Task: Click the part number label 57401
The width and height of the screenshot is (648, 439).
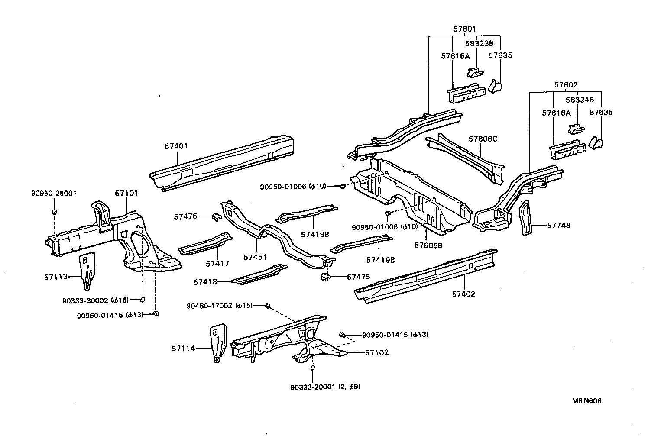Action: pos(176,146)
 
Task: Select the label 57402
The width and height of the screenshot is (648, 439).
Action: pos(463,294)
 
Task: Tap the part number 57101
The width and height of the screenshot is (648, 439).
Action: pos(126,193)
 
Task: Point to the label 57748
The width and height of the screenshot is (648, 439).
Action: pos(559,226)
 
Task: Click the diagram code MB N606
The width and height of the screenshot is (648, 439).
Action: pos(586,401)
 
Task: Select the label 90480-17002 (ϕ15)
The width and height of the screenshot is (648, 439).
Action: pos(219,306)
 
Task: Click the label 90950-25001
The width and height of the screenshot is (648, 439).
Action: pos(54,193)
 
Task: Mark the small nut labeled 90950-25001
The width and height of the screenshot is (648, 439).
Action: pos(54,212)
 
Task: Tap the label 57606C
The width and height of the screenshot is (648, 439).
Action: pos(483,139)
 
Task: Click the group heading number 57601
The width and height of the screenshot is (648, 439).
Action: pos(465,29)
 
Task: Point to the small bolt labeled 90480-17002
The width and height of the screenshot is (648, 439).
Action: pos(267,306)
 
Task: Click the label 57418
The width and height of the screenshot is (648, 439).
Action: pos(205,282)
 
